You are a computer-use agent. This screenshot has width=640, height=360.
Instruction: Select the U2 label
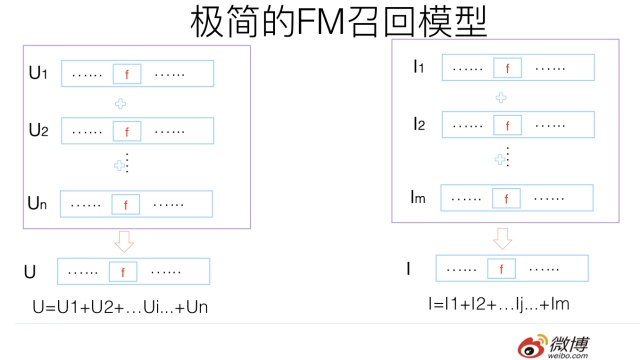pos(38,130)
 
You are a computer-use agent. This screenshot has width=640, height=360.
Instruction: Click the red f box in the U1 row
pos(126,74)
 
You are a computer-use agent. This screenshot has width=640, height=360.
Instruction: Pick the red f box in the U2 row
pos(126,131)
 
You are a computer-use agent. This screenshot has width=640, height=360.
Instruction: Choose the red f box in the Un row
pos(126,204)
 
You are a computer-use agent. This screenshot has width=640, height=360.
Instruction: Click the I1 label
pos(420,68)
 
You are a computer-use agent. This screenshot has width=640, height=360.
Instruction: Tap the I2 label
pos(420,124)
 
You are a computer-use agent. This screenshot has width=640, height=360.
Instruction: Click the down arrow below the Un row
pos(125,241)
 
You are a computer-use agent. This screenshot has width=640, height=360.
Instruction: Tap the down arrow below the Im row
pos(503,238)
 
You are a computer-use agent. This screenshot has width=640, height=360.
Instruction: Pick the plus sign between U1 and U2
pos(124,102)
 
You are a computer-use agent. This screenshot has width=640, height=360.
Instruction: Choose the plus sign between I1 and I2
pos(502,97)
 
